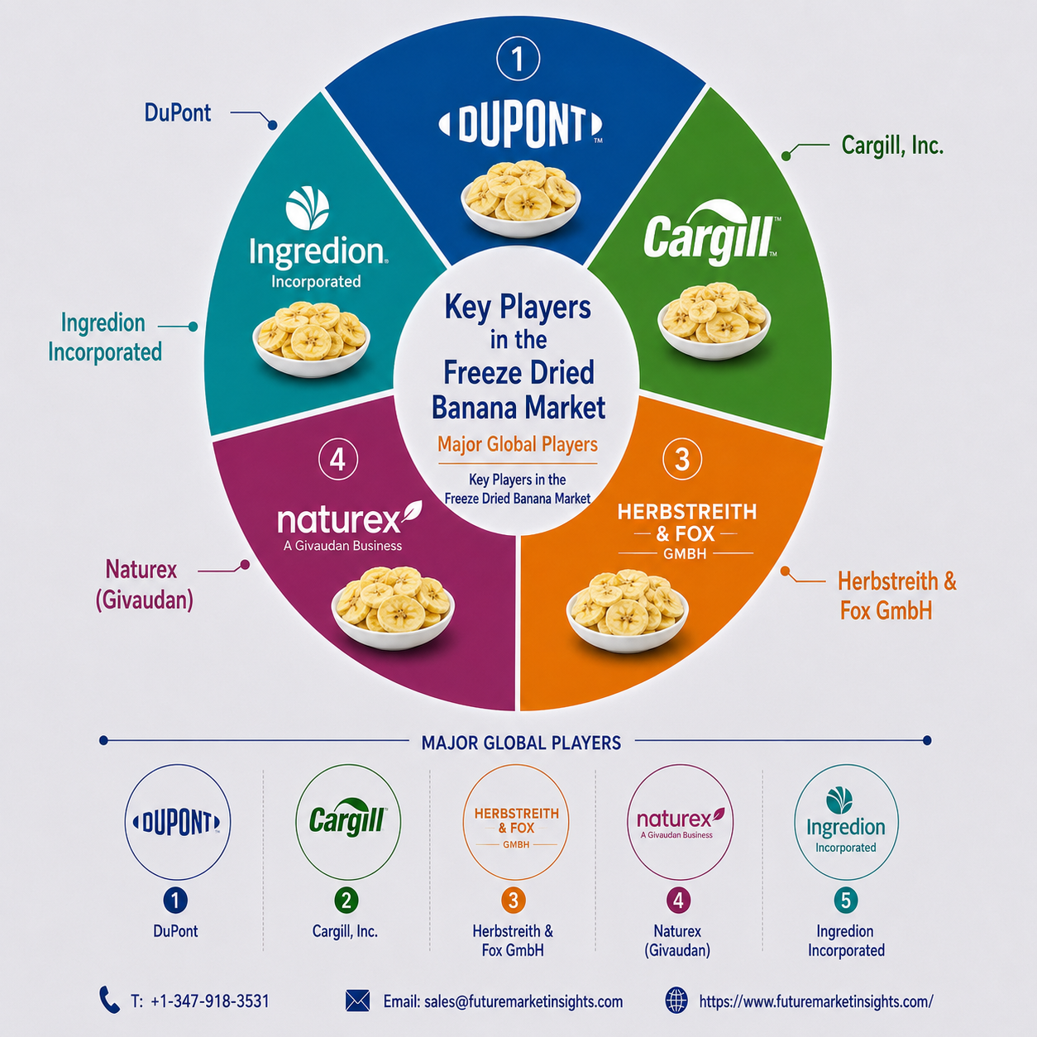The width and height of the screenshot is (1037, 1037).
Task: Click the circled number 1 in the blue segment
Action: (x=518, y=60)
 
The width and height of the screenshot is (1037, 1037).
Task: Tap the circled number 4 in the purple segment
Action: (x=338, y=460)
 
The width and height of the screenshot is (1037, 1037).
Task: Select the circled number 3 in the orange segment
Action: (x=682, y=459)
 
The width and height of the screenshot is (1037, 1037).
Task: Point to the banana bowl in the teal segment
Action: (x=311, y=340)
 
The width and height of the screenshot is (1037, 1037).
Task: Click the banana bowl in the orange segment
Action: (x=627, y=610)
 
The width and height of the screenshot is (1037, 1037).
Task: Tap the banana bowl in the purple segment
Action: (x=393, y=608)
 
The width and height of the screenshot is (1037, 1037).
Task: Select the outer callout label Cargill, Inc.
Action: (x=892, y=146)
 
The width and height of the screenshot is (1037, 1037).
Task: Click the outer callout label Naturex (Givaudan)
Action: (x=144, y=585)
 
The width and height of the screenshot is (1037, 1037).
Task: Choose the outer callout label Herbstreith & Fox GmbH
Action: (x=897, y=595)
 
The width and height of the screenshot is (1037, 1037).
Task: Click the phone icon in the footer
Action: (x=109, y=1001)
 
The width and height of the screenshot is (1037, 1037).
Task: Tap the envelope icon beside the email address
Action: (x=357, y=1001)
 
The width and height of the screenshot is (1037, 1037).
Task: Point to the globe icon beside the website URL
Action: (x=676, y=1001)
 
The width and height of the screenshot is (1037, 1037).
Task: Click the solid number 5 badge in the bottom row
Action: (x=845, y=901)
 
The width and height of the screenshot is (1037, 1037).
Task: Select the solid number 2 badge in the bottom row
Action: (x=346, y=901)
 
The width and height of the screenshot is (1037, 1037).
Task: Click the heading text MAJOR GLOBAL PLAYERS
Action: (x=521, y=743)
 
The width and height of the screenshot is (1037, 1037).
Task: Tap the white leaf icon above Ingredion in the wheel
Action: (x=308, y=208)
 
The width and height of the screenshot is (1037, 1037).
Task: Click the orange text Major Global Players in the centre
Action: (x=518, y=445)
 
